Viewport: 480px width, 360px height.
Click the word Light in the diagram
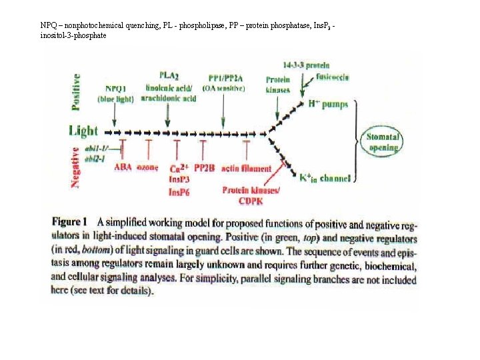[83, 131]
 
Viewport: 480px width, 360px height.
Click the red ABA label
[123, 168]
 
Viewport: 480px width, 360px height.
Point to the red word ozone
[147, 168]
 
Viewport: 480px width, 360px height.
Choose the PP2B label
[204, 168]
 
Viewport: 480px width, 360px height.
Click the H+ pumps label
[327, 104]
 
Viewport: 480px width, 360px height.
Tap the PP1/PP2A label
[225, 77]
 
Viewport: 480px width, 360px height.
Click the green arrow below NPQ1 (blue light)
[115, 115]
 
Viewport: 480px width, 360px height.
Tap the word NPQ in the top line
[49, 25]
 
